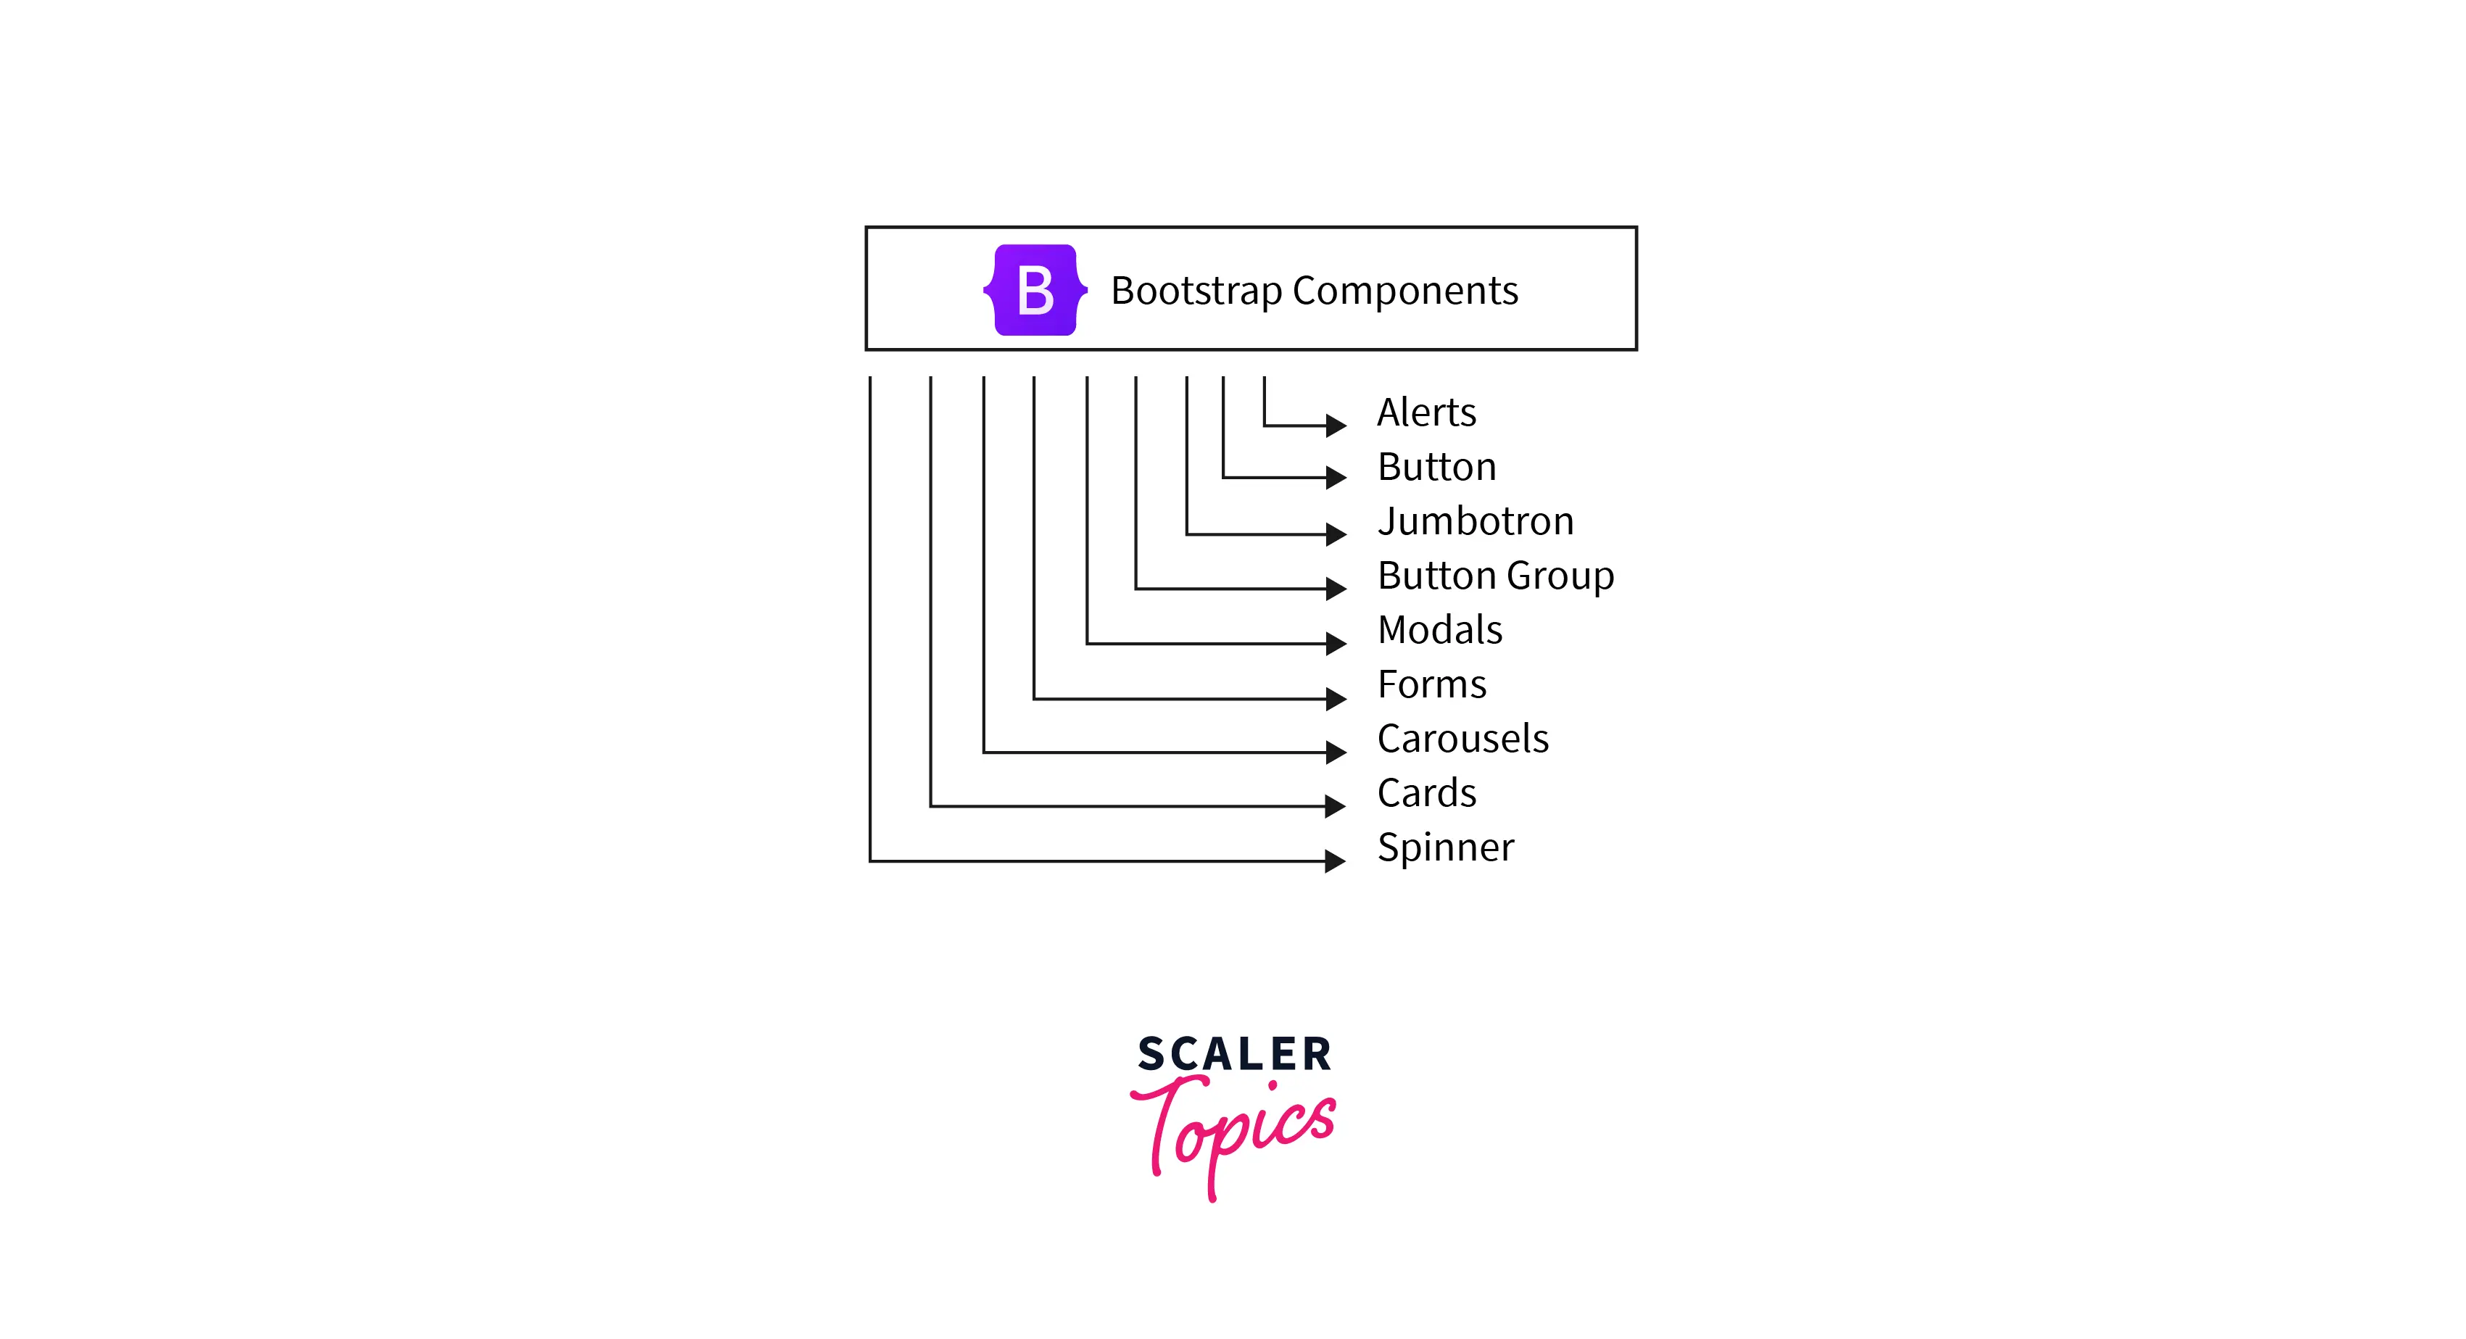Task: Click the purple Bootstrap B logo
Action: [x=1035, y=290]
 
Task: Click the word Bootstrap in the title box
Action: [x=1196, y=291]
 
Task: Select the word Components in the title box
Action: [x=1405, y=291]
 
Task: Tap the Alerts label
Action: [x=1426, y=413]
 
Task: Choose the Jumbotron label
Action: [x=1476, y=522]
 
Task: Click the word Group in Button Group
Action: [x=1560, y=577]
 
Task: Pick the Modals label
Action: [x=1440, y=630]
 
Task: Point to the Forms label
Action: [x=1432, y=684]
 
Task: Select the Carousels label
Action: [x=1462, y=739]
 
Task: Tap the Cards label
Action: [x=1426, y=793]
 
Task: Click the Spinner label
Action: [x=1446, y=849]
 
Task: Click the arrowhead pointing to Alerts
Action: [x=1336, y=425]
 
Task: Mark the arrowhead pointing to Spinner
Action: [x=1336, y=861]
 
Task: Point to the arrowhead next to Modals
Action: [x=1336, y=643]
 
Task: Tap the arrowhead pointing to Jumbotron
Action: [x=1336, y=534]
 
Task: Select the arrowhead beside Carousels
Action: [x=1336, y=753]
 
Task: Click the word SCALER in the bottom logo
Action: [x=1234, y=1055]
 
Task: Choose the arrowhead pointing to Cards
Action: [x=1336, y=806]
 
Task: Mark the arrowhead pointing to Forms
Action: [x=1336, y=699]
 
